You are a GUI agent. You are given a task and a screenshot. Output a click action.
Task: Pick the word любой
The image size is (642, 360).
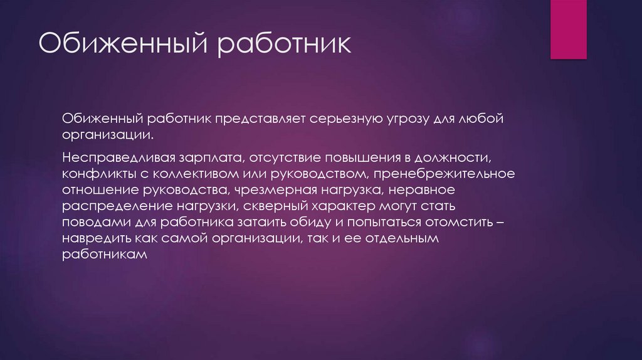[x=482, y=119]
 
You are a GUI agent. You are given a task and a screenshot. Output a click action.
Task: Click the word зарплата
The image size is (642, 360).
[x=223, y=154]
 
